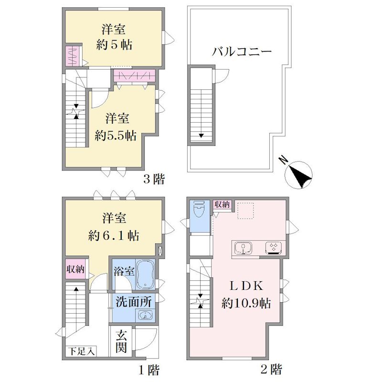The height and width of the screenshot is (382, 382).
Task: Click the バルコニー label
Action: pos(242,52)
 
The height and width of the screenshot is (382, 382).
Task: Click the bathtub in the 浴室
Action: pos(145,275)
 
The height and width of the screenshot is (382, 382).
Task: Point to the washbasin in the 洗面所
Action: pos(146,315)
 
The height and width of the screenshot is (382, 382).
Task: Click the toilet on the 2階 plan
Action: pos(200,209)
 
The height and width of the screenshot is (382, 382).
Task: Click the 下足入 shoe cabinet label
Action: pos(82,351)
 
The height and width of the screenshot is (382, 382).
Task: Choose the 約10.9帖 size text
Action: pos(246,304)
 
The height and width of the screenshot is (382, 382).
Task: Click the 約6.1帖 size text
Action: pos(114,235)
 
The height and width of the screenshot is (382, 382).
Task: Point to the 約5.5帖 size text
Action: pos(116,136)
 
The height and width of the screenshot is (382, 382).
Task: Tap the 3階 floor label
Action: pos(154,180)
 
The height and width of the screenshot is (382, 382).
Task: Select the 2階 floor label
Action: pos(271,369)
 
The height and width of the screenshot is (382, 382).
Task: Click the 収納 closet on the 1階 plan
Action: pos(75,269)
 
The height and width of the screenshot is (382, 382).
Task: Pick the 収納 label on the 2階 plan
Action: pos(222,204)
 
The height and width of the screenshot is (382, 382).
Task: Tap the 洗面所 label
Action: pos(134,302)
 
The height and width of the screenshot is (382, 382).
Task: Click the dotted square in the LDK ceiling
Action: pos(245,211)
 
